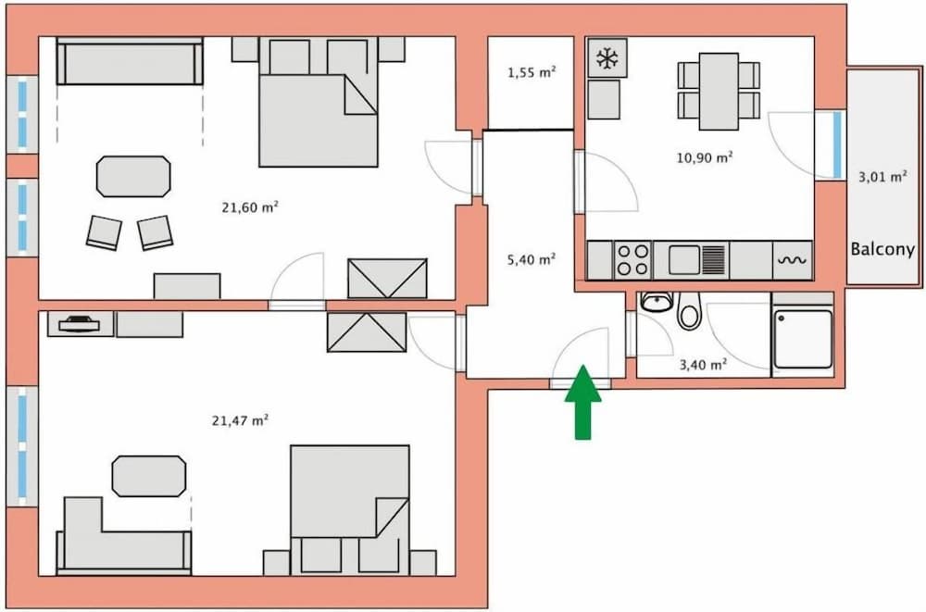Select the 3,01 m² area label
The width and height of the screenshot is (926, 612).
click(883, 178)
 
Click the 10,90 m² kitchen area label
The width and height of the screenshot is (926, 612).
click(706, 157)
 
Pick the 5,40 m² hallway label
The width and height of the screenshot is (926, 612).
click(532, 260)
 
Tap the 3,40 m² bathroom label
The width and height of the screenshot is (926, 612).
click(703, 365)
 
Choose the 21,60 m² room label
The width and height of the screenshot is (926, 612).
click(250, 207)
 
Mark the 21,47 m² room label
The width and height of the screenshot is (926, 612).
click(240, 420)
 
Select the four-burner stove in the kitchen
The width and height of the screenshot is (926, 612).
click(633, 259)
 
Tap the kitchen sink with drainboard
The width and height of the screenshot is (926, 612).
click(696, 259)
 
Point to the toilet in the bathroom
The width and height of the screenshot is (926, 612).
click(689, 312)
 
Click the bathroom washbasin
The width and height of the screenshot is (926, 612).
click(657, 301)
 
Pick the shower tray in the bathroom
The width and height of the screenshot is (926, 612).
click(803, 338)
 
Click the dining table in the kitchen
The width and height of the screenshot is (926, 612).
click(719, 91)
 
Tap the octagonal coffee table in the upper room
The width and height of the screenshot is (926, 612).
click(134, 176)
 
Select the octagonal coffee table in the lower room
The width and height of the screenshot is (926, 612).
click(148, 476)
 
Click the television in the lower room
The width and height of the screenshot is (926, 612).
click(81, 323)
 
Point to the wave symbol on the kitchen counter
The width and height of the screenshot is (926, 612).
click(794, 260)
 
